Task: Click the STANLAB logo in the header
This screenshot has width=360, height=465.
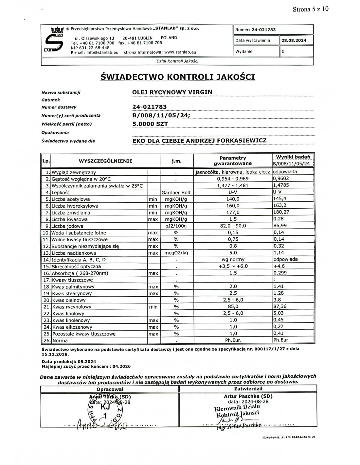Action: click(x=53, y=40)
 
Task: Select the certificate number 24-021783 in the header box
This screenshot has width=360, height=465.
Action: click(x=263, y=30)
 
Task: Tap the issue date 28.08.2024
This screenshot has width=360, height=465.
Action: click(x=294, y=41)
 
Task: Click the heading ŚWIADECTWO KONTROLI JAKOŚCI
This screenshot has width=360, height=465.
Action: click(x=177, y=77)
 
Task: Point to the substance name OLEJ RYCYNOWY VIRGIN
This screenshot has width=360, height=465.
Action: click(x=172, y=92)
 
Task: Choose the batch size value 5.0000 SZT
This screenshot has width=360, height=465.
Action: click(x=150, y=124)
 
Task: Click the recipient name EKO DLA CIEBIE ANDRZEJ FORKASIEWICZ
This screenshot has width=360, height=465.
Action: click(x=199, y=141)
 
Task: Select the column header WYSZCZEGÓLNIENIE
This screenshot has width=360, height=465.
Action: click(x=105, y=161)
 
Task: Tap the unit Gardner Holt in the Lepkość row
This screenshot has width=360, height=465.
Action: click(x=176, y=193)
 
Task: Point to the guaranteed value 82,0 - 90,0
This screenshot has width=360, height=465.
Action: click(x=233, y=226)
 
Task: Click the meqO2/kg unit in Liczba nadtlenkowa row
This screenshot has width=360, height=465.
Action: click(x=176, y=253)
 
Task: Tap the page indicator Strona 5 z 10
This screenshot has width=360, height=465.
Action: click(x=310, y=9)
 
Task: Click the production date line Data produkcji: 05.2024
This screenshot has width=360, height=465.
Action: click(x=69, y=362)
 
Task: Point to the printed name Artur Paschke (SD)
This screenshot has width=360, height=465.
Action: click(x=248, y=396)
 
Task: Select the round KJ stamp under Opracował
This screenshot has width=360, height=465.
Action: click(x=105, y=410)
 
